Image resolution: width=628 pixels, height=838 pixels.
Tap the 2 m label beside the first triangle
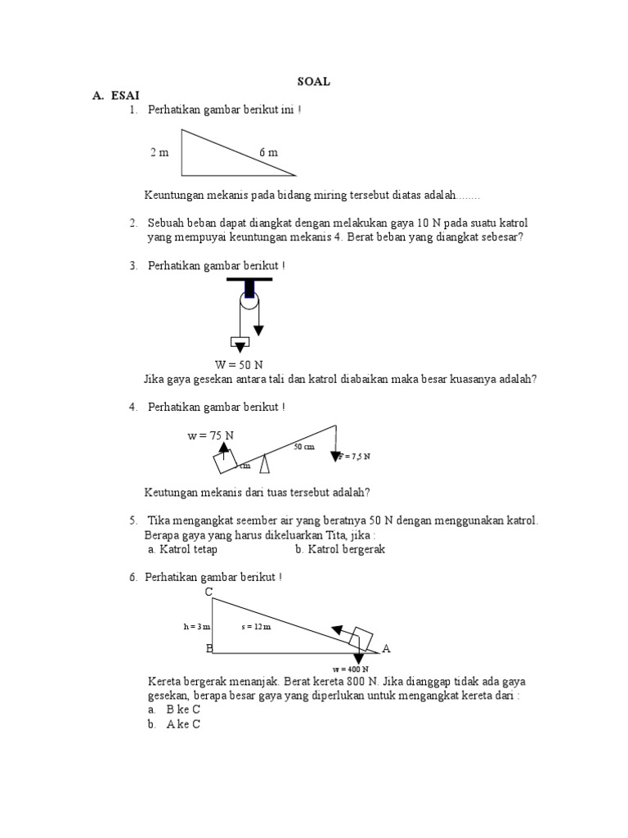(159, 153)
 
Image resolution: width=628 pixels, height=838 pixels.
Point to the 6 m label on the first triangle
(268, 153)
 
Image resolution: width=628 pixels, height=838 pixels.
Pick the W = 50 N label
(238, 364)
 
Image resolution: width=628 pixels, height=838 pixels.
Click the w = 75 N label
(210, 435)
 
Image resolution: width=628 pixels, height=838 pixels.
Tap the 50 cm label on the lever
(303, 447)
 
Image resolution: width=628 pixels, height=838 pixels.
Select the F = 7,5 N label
(355, 456)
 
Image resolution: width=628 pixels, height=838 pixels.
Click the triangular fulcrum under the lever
(264, 464)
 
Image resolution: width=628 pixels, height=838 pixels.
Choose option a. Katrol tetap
(182, 549)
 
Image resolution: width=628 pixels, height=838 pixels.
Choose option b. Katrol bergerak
(340, 549)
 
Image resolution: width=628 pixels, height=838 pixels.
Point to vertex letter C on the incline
(209, 591)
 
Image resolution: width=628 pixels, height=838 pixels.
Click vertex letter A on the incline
(386, 648)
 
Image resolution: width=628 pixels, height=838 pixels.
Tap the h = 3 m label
(197, 627)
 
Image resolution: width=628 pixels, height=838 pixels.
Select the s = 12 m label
(257, 627)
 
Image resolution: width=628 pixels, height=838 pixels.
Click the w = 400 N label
(355, 669)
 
